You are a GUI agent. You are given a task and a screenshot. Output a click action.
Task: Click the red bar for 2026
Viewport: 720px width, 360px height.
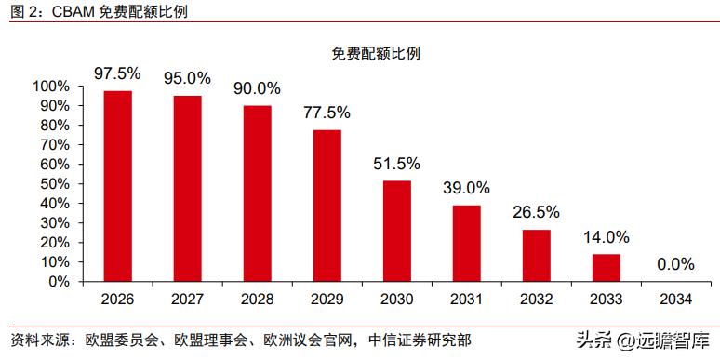tap(117, 185)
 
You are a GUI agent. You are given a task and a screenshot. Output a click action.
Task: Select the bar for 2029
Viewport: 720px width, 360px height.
tap(327, 205)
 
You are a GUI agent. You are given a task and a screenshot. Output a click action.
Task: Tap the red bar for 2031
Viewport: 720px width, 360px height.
tap(466, 243)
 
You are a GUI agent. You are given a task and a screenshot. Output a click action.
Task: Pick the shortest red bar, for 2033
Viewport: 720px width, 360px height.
tap(606, 267)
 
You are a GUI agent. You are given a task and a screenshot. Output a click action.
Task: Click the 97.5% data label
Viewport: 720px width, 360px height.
tap(117, 73)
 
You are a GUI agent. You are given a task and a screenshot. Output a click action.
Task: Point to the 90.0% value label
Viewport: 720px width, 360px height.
tap(257, 88)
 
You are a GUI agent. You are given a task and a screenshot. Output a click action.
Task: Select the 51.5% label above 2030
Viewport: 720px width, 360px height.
tap(396, 164)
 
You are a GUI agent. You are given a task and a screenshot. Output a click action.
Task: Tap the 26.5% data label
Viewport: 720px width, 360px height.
tap(536, 212)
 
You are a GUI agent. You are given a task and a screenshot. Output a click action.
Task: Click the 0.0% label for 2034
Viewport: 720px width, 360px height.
tap(675, 264)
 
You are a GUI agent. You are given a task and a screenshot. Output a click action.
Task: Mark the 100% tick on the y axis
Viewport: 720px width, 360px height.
tap(51, 87)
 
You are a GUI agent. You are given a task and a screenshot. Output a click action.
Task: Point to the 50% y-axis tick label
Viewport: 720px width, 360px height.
tap(55, 184)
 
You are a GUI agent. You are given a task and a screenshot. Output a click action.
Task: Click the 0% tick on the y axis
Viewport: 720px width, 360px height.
tap(59, 281)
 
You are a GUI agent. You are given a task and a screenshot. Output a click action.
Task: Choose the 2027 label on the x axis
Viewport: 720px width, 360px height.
tap(187, 300)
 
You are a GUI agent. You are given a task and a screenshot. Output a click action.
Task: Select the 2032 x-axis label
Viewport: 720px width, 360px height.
tap(536, 300)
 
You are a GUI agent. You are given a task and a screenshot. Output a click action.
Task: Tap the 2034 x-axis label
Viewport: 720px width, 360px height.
tap(675, 300)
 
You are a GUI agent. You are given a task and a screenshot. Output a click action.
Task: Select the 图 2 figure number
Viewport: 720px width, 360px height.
tap(19, 12)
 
